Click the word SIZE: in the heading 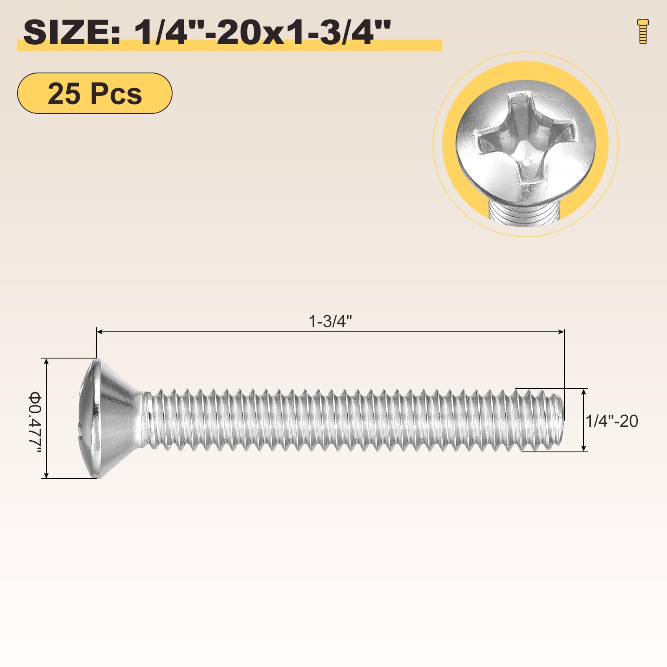pos(72,33)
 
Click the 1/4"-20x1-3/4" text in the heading pos(262,33)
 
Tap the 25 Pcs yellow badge pos(95,93)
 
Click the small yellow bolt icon pos(643,31)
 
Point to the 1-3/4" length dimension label pos(330,321)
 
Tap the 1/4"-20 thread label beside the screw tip pos(612,421)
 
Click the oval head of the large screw pos(113,418)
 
